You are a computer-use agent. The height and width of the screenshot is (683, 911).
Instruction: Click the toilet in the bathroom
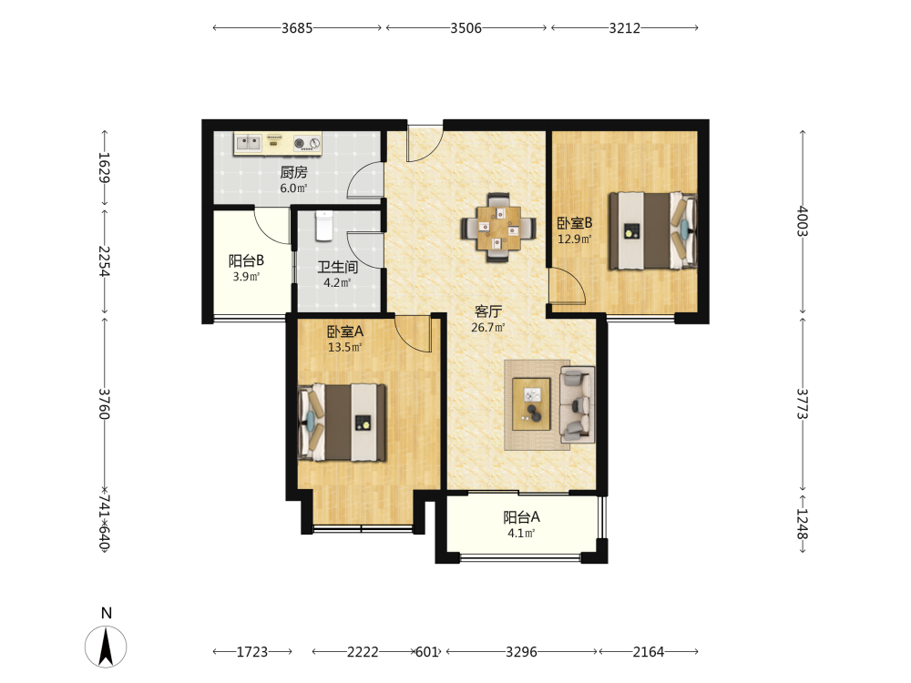pos(324,226)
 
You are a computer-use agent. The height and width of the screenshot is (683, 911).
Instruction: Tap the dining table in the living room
pos(498,228)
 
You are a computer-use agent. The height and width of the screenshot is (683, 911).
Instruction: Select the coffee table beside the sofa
pos(531,403)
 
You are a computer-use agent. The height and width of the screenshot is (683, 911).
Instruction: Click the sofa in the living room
pos(577,403)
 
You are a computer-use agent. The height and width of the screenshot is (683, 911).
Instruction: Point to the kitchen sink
pos(249,142)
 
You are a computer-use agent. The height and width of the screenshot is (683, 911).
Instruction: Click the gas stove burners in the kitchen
pos(307,143)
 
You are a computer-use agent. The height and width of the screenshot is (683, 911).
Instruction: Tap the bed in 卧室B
pos(652,230)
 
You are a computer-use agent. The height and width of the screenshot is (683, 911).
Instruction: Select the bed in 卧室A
pos(342,423)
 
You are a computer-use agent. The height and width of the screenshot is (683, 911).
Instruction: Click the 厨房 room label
pos(293,172)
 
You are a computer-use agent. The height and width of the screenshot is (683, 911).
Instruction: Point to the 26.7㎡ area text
pos(488,328)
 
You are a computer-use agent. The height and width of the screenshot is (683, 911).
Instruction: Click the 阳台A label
pos(521,517)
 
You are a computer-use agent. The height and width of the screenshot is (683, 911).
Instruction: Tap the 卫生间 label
pos(338,267)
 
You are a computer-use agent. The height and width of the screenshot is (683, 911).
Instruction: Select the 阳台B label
pos(246,260)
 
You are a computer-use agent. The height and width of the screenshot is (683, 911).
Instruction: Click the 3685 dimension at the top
pos(297,28)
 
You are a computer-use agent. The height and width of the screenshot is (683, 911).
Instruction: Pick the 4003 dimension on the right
pos(802,221)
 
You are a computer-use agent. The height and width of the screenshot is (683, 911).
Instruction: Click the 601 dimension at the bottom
pos(426,652)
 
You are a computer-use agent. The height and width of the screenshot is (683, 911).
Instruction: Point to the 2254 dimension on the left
pos(104,261)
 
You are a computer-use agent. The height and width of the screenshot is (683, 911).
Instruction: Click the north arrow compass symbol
pos(106,647)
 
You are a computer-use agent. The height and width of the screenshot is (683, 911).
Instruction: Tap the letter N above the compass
pos(107,613)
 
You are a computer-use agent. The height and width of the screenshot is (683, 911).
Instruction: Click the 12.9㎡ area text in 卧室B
pos(575,240)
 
